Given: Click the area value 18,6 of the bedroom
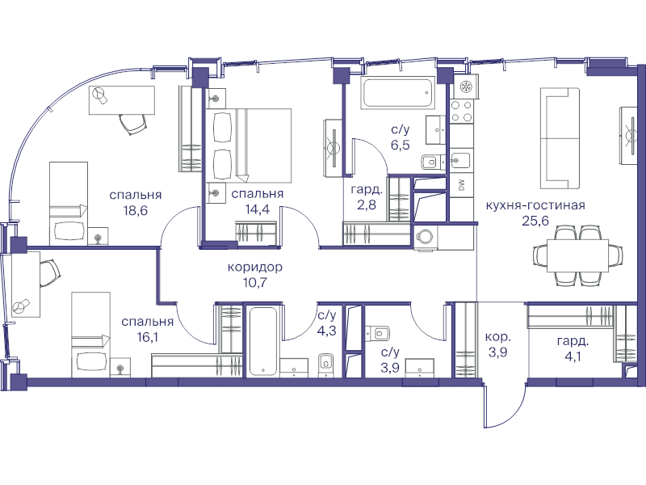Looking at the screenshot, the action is click(135, 211).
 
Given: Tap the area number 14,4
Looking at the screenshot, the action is click(258, 209).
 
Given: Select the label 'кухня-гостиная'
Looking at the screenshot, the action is click(535, 205).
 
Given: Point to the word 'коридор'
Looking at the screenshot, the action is click(255, 268).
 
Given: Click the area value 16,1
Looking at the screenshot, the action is click(148, 337).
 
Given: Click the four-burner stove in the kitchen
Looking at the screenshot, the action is click(461, 112).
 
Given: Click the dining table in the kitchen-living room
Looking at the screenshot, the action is click(577, 255).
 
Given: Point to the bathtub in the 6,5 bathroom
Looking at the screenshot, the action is click(398, 93).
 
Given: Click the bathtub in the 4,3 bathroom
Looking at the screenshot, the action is click(262, 340).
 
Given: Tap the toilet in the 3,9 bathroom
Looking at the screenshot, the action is click(378, 333).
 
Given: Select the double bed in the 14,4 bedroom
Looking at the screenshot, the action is click(249, 145).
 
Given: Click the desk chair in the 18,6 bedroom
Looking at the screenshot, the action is click(132, 124).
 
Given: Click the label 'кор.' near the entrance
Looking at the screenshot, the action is click(497, 337).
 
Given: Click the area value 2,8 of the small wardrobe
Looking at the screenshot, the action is click(367, 205).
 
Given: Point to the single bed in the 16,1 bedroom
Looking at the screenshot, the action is click(91, 335).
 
